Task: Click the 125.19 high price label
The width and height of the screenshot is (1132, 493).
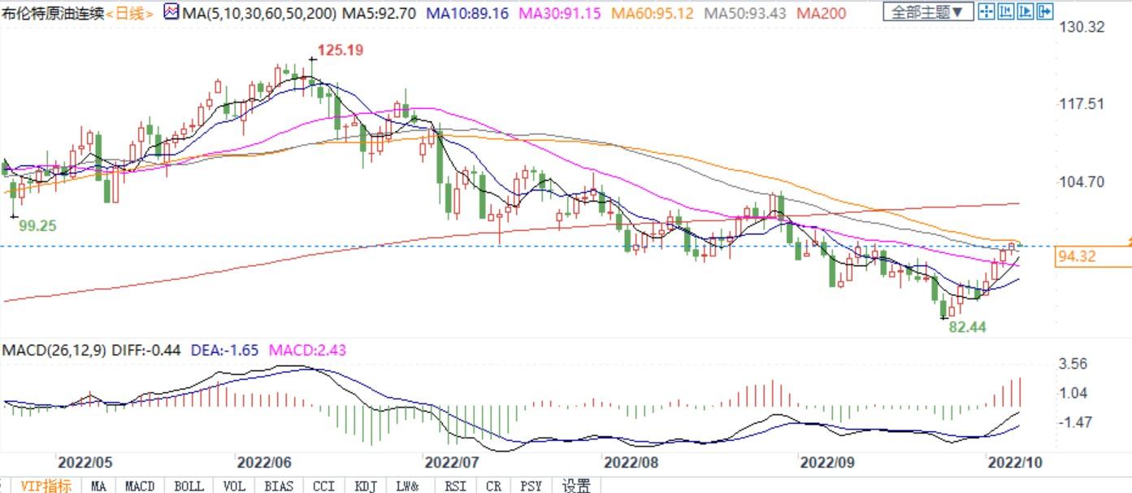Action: pos(340,50)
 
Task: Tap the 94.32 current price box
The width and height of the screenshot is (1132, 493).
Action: pos(1078,257)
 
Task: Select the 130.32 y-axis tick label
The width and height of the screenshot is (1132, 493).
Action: pos(1082,27)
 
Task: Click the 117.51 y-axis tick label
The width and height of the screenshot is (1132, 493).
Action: pos(1082,103)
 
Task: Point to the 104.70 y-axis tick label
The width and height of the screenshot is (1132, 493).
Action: pos(1082,181)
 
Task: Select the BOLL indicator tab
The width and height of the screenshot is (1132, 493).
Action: pos(189,486)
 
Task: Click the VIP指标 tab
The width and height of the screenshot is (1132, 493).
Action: pos(46,486)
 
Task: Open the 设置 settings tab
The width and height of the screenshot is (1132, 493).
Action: pos(576,486)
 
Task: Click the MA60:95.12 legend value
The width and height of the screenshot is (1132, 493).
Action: pos(653,13)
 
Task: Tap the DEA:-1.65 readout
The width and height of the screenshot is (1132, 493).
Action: pos(223,350)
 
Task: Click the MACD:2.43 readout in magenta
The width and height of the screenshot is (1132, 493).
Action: pos(307,350)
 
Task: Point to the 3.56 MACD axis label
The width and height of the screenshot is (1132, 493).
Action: pos(1073,364)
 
